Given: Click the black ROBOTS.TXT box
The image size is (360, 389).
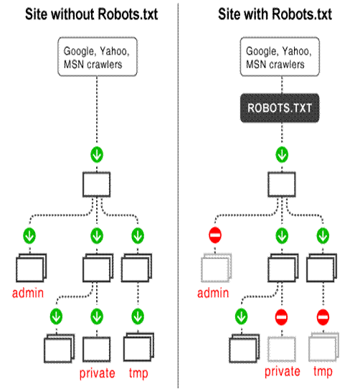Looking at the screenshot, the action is click(280, 108).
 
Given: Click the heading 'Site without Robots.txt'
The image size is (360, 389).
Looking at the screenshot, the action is click(92, 14).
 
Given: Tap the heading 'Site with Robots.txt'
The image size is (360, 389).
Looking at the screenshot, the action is click(275, 14).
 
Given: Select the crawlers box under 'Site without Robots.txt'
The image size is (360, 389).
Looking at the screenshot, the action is click(98, 57).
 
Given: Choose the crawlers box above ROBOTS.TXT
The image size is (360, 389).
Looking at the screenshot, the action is click(280, 57).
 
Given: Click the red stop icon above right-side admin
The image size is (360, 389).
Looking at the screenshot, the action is click(215, 235).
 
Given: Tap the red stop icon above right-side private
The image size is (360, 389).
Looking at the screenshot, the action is click(281, 317).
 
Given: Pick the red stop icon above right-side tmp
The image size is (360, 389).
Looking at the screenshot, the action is click(323, 317).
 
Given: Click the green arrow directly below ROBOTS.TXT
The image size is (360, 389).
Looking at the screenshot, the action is click(282, 154).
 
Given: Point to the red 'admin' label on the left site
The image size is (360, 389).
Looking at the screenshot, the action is click(28, 293).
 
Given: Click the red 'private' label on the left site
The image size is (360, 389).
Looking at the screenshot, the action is click(98, 373).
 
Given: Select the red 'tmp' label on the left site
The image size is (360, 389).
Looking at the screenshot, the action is click(138, 373).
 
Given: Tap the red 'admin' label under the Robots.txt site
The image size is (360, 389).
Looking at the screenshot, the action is click(213, 293).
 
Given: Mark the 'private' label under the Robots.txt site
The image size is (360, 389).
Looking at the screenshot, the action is click(283, 372).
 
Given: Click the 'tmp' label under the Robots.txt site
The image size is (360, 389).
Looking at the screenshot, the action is click(323, 372).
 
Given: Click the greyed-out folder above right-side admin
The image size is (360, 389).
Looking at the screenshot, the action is click(216, 268).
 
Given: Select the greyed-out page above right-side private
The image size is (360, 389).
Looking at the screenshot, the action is click(282, 350).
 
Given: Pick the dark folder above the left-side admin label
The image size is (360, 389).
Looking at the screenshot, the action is click(32, 268).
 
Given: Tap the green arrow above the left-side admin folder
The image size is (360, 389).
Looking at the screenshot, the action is click(29, 235).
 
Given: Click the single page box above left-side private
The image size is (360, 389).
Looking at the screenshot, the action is click(97, 350).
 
